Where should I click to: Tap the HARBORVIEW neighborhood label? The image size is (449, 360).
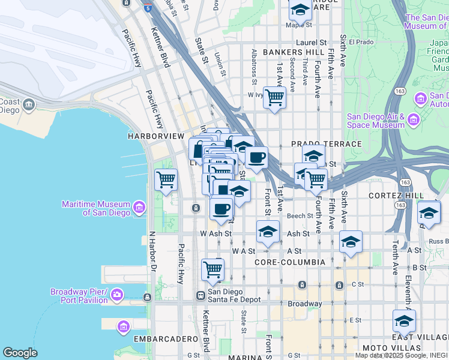pyautogui.click(x=155, y=137)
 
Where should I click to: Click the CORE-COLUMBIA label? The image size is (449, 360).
pyautogui.click(x=289, y=262)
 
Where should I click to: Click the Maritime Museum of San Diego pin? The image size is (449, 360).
pyautogui.click(x=139, y=208)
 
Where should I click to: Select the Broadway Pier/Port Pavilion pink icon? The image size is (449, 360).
pyautogui.click(x=117, y=295)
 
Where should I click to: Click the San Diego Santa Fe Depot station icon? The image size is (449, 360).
pyautogui.click(x=200, y=295)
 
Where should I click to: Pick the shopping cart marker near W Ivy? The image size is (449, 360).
pyautogui.click(x=274, y=97)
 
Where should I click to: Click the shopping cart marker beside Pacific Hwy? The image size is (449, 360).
pyautogui.click(x=166, y=180)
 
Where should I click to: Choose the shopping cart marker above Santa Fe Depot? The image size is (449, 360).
pyautogui.click(x=212, y=270)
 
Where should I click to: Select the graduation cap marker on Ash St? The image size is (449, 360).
pyautogui.click(x=268, y=232)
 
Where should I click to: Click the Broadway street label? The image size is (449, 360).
pyautogui.click(x=304, y=304)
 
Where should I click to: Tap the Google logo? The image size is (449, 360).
pyautogui.click(x=20, y=353)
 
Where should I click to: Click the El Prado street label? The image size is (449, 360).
pyautogui.click(x=361, y=43)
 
